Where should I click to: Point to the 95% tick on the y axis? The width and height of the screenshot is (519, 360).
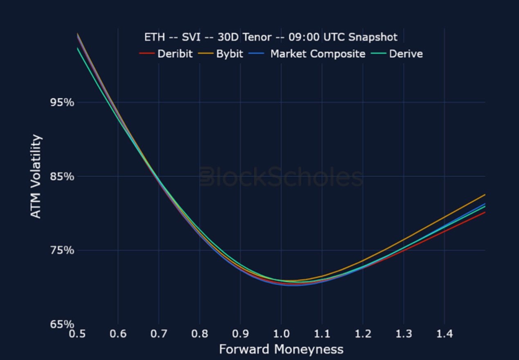62,102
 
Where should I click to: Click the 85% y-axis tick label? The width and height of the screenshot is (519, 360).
62,177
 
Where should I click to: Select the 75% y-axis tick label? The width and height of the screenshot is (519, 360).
62,250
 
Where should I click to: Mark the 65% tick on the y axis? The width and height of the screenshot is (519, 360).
62,324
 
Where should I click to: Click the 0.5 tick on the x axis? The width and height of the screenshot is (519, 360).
77,334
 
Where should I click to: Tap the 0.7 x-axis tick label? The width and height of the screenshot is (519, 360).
159,334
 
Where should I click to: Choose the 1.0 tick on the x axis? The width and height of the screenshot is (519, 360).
281,334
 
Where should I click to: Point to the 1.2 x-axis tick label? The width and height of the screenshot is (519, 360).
363,334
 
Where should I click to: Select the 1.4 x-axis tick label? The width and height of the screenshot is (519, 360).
445,334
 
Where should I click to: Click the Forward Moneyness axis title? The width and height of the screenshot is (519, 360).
281,349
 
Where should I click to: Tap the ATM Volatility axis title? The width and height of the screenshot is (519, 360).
36,177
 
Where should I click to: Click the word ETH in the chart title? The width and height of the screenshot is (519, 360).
155,37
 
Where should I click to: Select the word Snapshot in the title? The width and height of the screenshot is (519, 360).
373,37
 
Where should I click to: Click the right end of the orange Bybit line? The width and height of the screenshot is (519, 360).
485,195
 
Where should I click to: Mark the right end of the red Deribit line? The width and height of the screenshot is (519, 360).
485,212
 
